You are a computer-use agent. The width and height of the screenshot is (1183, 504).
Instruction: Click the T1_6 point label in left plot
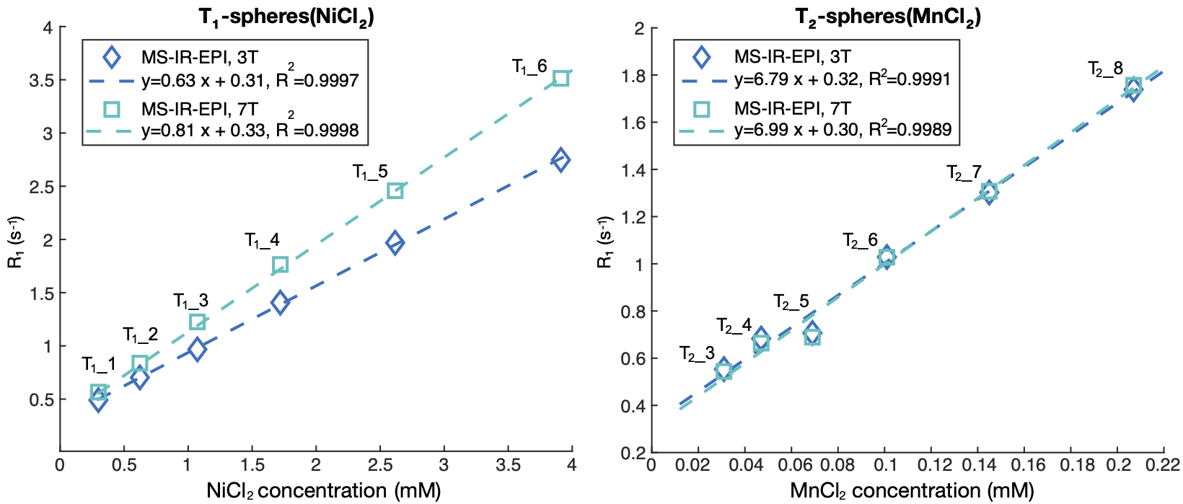(x=529, y=67)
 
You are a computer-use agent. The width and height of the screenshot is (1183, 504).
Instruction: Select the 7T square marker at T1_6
(x=561, y=79)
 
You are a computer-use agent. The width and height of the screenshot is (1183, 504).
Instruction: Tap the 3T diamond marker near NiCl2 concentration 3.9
(x=560, y=160)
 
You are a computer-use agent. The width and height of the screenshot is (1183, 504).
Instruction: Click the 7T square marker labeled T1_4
(x=281, y=265)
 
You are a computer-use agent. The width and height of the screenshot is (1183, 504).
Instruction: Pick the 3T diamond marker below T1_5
(x=395, y=243)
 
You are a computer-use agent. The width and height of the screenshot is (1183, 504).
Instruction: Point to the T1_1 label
(x=99, y=365)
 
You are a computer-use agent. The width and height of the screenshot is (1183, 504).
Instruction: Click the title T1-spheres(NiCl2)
(x=286, y=17)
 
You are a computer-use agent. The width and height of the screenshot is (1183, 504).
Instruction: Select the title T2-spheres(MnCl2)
(x=888, y=17)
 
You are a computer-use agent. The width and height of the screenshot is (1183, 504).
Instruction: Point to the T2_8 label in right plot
(x=1105, y=69)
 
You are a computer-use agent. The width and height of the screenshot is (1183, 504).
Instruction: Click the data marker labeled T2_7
(x=989, y=192)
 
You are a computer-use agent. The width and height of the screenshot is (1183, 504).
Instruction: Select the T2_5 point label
(x=791, y=302)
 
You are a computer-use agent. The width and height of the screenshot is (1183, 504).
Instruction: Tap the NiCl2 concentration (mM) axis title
(x=323, y=491)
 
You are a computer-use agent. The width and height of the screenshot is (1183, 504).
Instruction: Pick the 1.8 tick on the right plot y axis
(x=635, y=76)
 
